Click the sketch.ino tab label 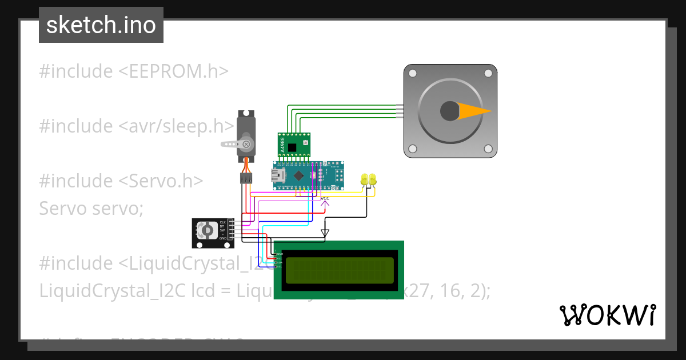101,25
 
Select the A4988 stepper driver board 294,145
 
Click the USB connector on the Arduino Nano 278,175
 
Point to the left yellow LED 365,179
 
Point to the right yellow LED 372,179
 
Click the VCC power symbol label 325,199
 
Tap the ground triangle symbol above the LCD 325,233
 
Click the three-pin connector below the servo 246,179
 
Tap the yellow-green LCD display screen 340,270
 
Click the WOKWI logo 607,315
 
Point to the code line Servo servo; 91,208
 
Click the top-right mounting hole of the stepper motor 488,73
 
